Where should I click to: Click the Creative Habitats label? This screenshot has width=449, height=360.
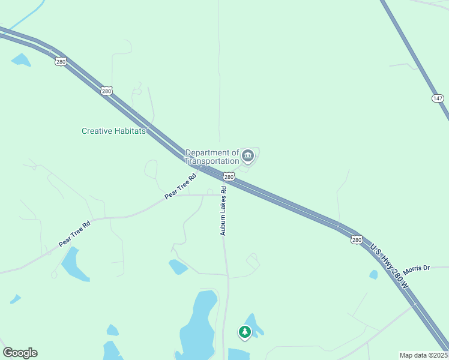click(x=113, y=131)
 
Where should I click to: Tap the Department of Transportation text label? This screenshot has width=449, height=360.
click(x=212, y=157)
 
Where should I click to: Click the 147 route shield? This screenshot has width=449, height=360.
click(x=437, y=98)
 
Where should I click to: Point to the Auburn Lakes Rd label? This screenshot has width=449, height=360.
click(x=223, y=211)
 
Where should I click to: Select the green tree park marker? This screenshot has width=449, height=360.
click(x=244, y=332)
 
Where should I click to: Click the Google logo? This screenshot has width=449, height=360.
click(x=20, y=353)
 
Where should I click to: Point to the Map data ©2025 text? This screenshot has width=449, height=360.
click(x=423, y=355)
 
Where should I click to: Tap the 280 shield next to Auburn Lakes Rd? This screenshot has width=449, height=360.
click(x=228, y=176)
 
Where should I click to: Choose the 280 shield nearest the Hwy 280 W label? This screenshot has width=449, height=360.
click(x=357, y=239)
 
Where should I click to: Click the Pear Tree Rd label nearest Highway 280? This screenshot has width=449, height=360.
click(x=181, y=187)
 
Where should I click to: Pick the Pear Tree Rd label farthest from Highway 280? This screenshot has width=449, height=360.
click(x=74, y=233)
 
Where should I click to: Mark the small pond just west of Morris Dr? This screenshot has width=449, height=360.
click(x=373, y=274)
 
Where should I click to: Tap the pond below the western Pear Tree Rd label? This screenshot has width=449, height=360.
click(x=73, y=264)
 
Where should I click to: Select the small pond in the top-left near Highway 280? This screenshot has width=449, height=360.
click(x=20, y=59)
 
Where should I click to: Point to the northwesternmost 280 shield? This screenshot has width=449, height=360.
click(x=60, y=61)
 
